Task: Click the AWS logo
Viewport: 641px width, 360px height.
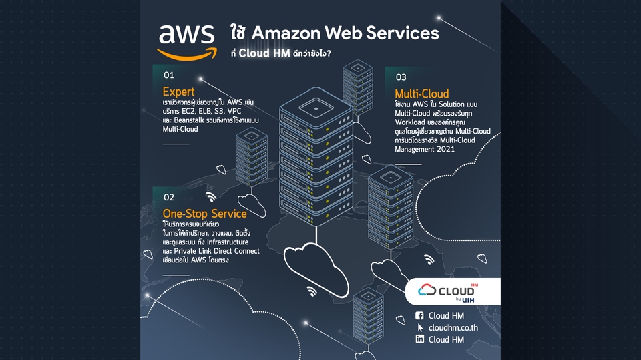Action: pos(186,41)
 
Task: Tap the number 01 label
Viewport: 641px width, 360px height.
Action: pos(168,75)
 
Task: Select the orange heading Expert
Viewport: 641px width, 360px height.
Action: pos(178,92)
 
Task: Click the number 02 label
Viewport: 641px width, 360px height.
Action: pos(168,197)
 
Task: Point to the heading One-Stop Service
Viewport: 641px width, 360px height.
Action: pos(204,214)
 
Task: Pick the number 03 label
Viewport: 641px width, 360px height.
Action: pos(401,77)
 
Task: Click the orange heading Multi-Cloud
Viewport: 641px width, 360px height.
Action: pos(421,94)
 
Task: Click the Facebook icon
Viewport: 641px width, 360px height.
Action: pos(419,316)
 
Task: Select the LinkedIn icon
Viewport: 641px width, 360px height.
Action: pos(419,339)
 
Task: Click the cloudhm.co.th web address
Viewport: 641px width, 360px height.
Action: pos(453,328)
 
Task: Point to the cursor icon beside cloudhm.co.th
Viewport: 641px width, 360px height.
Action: pos(420,328)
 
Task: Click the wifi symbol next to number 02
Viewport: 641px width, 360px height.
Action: pos(211,197)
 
